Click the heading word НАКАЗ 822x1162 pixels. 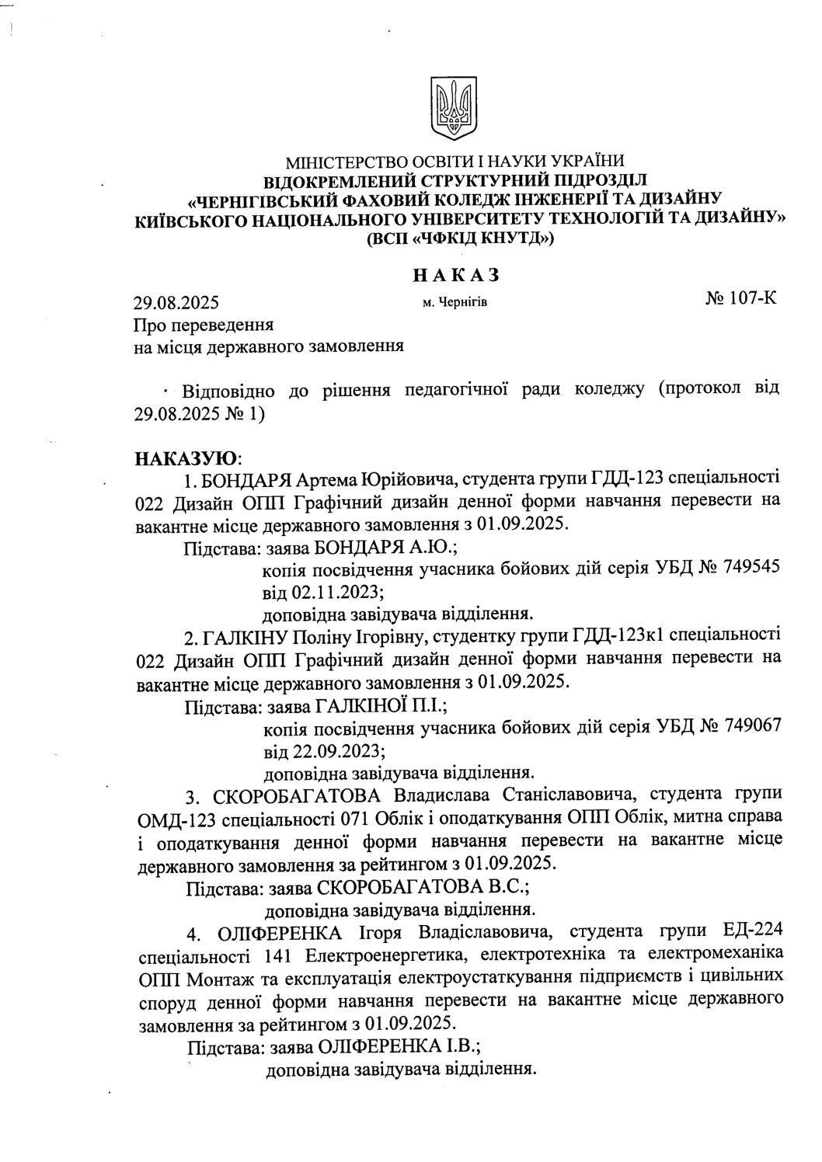pyautogui.click(x=454, y=274)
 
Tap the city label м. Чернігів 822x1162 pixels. pyautogui.click(x=455, y=301)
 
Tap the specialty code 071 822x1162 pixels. pyautogui.click(x=354, y=819)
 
